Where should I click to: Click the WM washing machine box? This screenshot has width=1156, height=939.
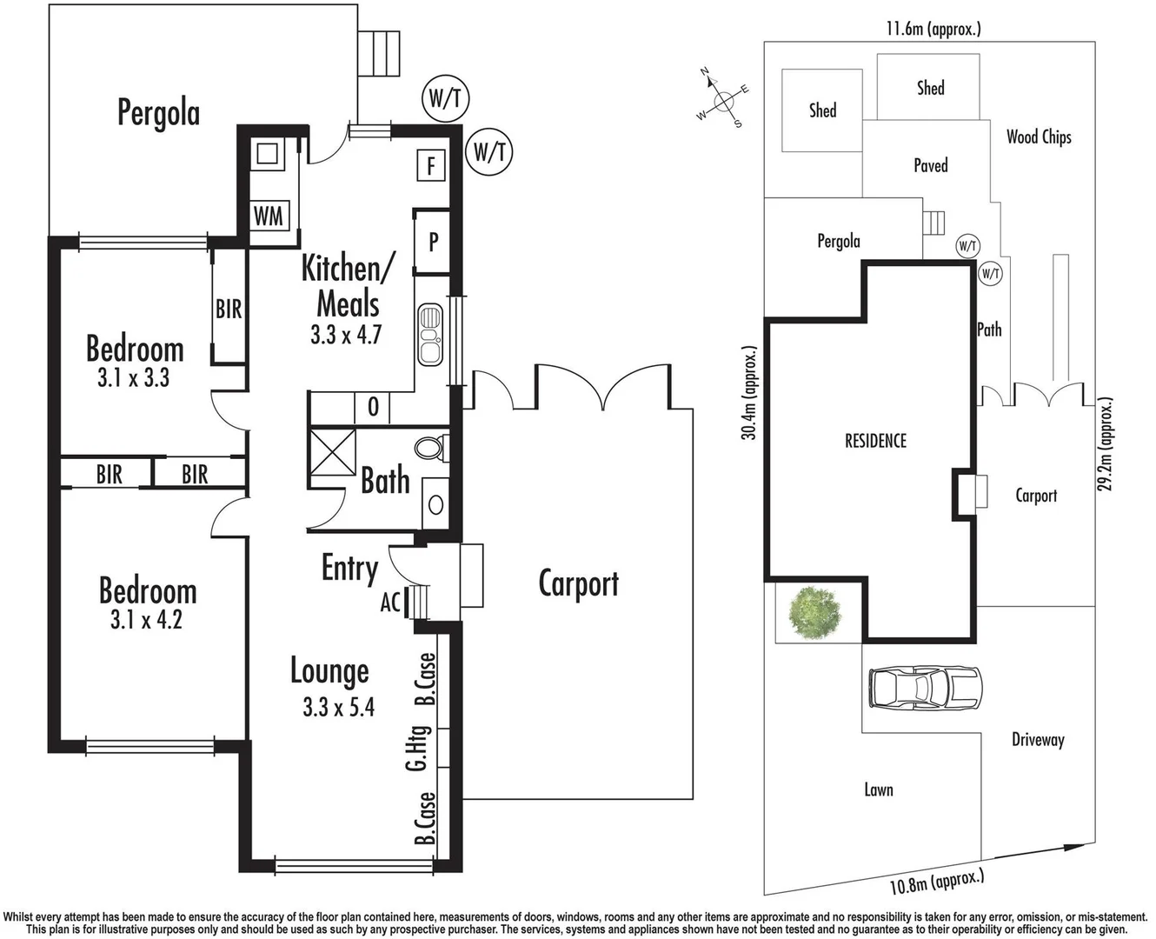(x=269, y=216)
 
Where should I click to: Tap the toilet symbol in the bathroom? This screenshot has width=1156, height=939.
(x=429, y=448)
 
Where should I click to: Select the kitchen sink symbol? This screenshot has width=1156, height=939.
(x=430, y=335)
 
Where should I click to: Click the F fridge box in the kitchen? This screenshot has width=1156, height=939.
(x=431, y=164)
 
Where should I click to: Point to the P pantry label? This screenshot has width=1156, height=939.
(x=433, y=242)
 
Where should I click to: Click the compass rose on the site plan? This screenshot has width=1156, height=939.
(x=723, y=103)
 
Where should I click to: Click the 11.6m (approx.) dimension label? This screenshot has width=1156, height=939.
(x=933, y=29)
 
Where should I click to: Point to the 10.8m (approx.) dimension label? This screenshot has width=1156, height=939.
(x=937, y=881)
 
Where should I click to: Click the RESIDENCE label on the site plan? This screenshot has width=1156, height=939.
(x=875, y=441)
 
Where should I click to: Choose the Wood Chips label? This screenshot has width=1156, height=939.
(x=1039, y=137)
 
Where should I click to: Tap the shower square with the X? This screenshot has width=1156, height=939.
(x=334, y=450)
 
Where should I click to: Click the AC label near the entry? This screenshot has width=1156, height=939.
(x=390, y=601)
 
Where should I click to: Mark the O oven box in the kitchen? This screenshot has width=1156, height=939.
(x=373, y=406)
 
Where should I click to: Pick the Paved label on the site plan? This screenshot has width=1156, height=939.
(x=930, y=165)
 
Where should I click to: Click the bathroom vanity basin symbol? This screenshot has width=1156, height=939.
(x=435, y=504)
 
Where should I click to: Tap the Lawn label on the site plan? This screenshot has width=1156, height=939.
(x=878, y=789)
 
